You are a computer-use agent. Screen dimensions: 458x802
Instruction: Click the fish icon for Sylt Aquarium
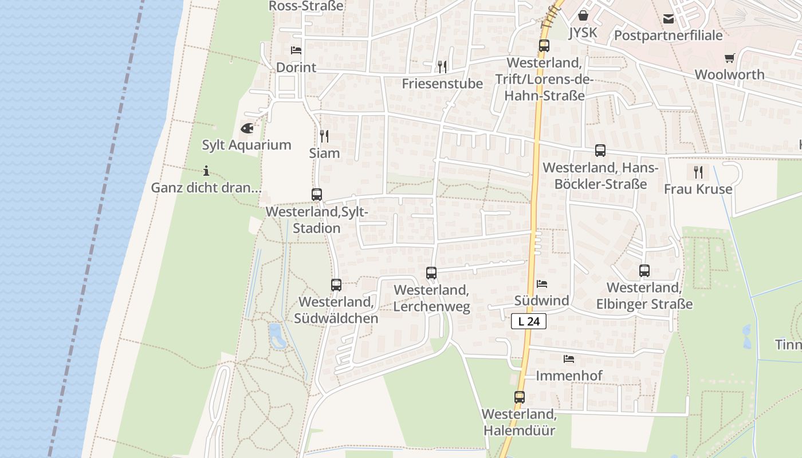click(x=247, y=128)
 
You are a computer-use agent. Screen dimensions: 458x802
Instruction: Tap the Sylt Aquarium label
click(x=246, y=145)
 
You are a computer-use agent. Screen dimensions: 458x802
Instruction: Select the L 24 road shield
click(x=528, y=321)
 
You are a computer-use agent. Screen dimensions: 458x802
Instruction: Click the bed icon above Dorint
click(x=296, y=50)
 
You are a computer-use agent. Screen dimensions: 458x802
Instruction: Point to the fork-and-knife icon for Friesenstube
click(x=442, y=67)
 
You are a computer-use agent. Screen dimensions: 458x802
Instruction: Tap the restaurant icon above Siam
click(x=324, y=136)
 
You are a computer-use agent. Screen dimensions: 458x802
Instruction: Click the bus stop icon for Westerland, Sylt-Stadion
click(x=317, y=195)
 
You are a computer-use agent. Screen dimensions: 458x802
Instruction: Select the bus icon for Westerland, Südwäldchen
click(x=336, y=285)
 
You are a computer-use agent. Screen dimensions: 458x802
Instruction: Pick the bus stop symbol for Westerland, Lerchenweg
click(x=431, y=273)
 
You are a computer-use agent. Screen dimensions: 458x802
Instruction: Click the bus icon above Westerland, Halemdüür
click(x=519, y=397)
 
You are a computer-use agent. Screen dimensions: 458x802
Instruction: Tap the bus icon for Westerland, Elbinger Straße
click(x=644, y=271)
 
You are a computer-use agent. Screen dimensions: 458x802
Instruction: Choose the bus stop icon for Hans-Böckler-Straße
click(x=600, y=151)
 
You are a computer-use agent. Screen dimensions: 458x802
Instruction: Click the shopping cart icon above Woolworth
click(x=729, y=58)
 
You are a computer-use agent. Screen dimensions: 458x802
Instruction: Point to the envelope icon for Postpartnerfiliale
click(x=669, y=19)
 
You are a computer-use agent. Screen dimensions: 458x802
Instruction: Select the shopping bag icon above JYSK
click(x=583, y=15)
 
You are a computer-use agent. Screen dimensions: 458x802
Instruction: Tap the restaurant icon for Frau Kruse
click(x=698, y=172)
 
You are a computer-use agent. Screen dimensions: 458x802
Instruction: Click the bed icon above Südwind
click(x=541, y=284)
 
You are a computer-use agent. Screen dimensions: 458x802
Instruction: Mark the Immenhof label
click(x=569, y=376)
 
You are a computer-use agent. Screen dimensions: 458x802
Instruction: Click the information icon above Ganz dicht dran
click(x=206, y=171)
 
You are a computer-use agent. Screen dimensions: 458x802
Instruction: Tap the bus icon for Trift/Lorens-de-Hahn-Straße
click(x=544, y=46)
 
